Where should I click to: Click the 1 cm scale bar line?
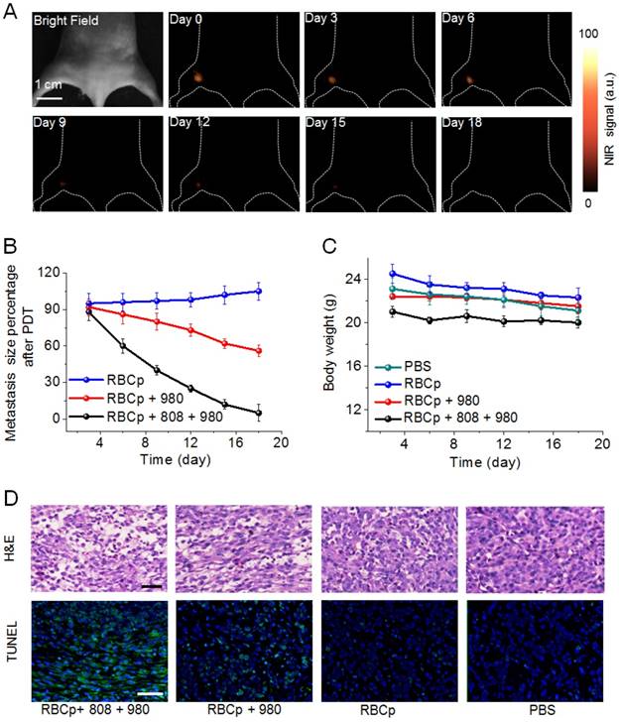click(51, 97)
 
